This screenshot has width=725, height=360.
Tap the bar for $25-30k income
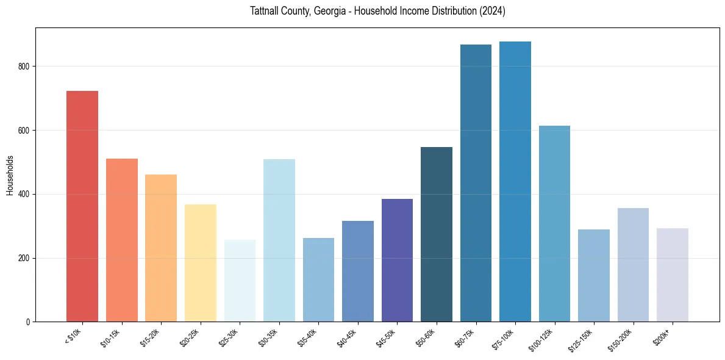coord(240,281)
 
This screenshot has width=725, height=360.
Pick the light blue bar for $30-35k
coord(279,240)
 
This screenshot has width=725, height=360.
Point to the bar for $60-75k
coord(476,183)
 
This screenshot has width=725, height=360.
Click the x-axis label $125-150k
coord(582,339)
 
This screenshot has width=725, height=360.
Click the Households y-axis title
coord(10,175)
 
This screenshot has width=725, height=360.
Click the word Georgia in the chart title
coord(332,12)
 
